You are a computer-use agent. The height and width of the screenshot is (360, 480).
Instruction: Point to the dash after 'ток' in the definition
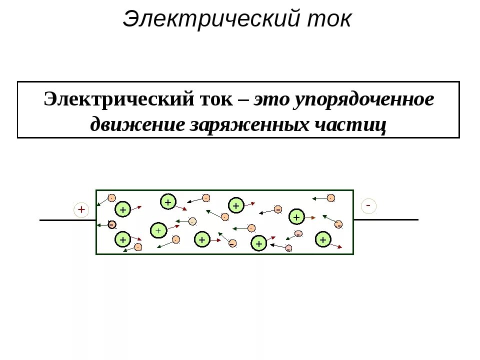pos(244,100)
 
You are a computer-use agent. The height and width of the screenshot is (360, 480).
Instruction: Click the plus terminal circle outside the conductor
pos(81,209)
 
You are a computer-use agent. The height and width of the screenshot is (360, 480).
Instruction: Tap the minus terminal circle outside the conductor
pos(368,205)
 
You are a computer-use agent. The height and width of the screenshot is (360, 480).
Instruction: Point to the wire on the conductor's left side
pos(67,220)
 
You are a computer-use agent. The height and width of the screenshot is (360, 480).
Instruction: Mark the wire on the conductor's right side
pos(385,219)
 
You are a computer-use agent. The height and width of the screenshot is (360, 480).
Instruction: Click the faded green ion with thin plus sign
pos(158,230)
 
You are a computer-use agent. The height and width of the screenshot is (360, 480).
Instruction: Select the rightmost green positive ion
pos(323,239)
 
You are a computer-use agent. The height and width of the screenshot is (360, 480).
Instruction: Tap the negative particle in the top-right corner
pos(330,198)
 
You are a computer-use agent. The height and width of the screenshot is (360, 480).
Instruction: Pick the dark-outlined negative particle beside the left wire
pos(112,224)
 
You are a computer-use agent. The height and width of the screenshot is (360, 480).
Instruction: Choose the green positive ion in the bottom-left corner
pos(122,240)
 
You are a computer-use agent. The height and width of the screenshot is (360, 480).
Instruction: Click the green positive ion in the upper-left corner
pos(122,209)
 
